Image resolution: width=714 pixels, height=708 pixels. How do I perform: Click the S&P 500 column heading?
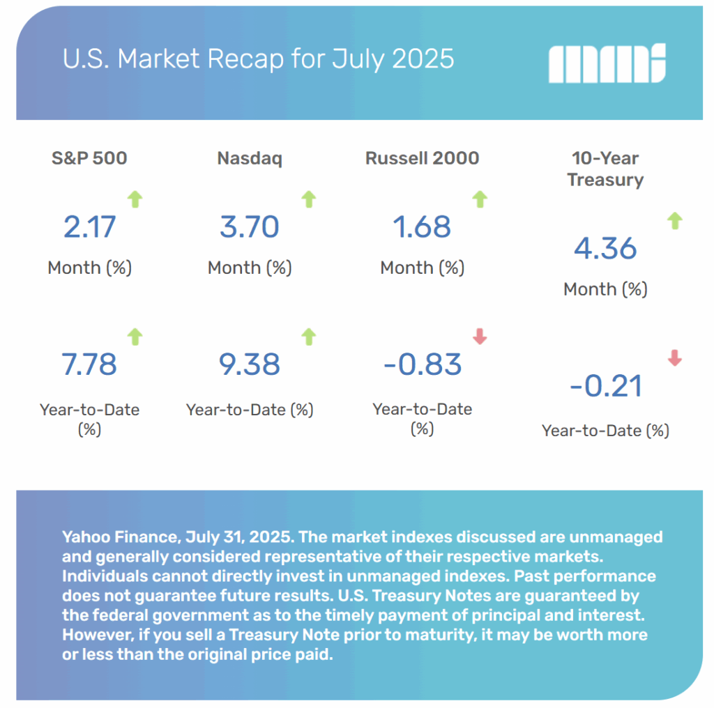pos(89,158)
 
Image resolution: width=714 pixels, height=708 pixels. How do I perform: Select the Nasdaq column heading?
pos(250,158)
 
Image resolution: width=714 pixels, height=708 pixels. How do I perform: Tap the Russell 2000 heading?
pos(422,158)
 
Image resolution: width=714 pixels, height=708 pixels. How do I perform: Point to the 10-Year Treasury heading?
pos(605,169)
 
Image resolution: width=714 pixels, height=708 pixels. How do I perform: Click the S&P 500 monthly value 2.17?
pos(89,227)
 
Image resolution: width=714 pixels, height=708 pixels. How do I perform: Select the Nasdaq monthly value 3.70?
pos(250,227)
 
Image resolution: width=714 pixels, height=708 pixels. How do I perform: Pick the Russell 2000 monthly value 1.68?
pos(422,227)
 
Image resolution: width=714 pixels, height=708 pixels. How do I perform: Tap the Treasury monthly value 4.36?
pos(605,249)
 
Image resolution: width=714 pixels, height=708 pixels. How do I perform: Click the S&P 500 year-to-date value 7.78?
pos(89,364)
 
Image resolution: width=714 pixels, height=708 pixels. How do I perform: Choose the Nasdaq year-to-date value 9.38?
pos(250,364)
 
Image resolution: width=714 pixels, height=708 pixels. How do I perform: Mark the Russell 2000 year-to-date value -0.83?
pos(422,364)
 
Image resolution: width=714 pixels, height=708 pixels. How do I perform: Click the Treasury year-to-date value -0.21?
pos(605,385)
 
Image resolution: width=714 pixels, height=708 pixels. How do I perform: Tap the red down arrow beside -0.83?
pos(479,337)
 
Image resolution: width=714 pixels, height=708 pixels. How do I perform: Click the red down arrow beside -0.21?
pos(674,359)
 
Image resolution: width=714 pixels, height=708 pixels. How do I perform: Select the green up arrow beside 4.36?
pos(674,222)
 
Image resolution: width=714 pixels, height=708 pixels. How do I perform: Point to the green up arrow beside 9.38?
pos(308,337)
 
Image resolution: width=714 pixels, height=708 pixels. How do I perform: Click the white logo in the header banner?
pos(607,63)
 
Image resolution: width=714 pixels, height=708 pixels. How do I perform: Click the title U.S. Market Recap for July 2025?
pos(258,59)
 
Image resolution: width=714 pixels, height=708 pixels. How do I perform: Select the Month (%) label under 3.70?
pos(250,268)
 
